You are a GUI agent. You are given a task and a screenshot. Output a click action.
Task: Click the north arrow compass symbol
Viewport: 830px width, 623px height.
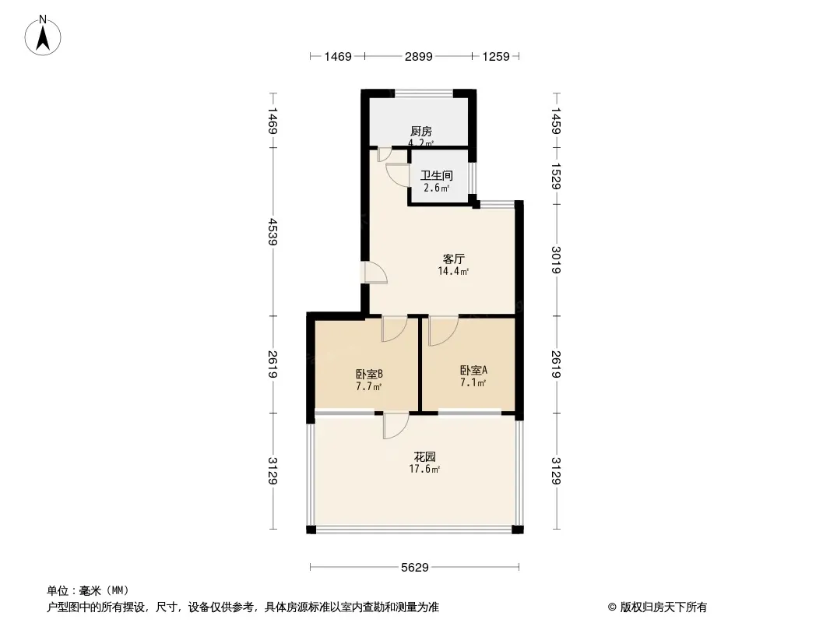[x=43, y=36]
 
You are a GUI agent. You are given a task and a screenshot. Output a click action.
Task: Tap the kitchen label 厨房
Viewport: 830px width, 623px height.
[x=420, y=132]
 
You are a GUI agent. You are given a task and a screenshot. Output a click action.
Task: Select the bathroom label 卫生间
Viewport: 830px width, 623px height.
[x=437, y=174]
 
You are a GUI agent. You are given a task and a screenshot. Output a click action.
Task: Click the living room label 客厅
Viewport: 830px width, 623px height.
[x=454, y=259]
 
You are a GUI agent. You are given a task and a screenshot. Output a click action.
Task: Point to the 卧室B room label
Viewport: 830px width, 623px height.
[x=370, y=374]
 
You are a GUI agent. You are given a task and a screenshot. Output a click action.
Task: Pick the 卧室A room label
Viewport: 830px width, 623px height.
[x=473, y=370]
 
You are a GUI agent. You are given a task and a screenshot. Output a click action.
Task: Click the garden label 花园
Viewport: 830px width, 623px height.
[x=424, y=456]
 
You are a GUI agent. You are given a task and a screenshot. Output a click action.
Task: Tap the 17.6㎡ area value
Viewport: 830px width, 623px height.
[x=424, y=469]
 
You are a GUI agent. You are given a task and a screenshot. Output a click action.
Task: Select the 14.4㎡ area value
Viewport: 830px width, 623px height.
[x=453, y=271]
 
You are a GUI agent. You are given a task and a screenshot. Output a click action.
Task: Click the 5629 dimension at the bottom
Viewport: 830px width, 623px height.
[x=414, y=568]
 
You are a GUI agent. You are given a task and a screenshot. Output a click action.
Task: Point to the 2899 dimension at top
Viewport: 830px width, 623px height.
[x=419, y=56]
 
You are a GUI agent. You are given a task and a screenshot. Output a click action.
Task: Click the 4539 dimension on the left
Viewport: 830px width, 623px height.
[x=273, y=231]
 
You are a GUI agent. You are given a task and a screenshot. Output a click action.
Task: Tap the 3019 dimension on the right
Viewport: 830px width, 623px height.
[x=557, y=260]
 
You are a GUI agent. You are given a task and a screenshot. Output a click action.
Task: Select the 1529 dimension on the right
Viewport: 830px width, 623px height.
[x=557, y=176]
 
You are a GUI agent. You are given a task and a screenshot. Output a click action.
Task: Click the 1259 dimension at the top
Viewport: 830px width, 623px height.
[x=496, y=56]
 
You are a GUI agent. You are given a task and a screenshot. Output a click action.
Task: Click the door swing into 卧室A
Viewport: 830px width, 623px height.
[x=444, y=330]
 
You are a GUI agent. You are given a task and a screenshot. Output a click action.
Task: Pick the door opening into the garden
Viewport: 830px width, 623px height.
[x=396, y=425]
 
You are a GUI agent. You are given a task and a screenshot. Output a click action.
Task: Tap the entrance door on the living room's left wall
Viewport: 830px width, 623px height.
[x=376, y=273]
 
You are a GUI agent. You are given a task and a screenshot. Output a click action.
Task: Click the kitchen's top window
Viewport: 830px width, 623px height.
[x=424, y=93]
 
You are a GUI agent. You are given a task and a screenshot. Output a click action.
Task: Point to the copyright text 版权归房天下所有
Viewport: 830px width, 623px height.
[x=663, y=607]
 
